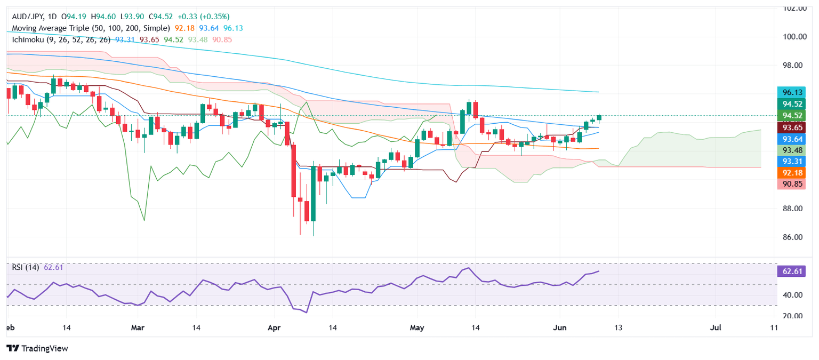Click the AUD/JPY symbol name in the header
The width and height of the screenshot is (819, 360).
tap(24, 17)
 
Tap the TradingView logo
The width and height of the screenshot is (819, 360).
tap(37, 348)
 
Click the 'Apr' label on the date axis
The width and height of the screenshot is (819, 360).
tap(274, 328)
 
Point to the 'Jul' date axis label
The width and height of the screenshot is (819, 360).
tap(716, 328)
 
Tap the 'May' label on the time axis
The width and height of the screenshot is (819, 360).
tap(417, 328)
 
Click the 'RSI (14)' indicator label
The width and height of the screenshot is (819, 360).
tap(26, 267)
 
